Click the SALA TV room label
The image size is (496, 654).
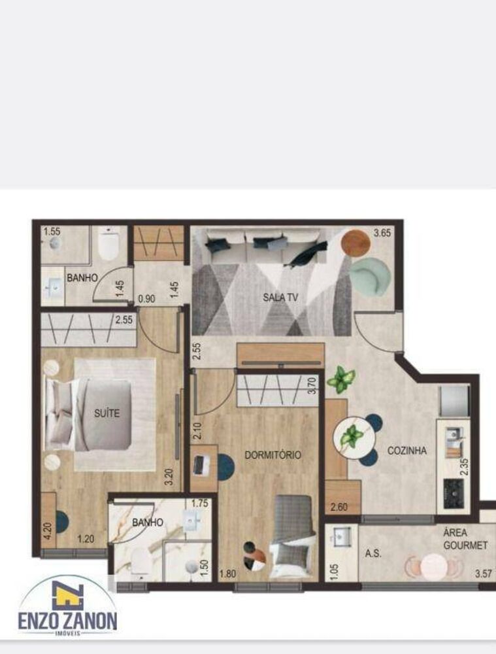click(x=280, y=298)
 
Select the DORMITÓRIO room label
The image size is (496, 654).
click(x=273, y=455)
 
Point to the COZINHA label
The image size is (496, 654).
click(x=406, y=451)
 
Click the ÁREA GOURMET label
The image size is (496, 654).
click(x=464, y=539)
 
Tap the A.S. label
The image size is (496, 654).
click(x=374, y=553)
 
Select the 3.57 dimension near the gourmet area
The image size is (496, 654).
click(x=465, y=574)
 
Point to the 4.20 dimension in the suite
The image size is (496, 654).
click(x=46, y=528)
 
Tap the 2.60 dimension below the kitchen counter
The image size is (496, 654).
click(x=339, y=506)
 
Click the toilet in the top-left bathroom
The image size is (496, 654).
click(x=108, y=245)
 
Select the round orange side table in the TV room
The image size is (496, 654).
click(x=355, y=243)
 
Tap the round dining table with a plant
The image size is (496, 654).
click(x=353, y=437)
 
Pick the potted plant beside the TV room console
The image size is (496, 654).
click(x=341, y=379)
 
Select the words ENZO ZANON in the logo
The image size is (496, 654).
click(x=68, y=619)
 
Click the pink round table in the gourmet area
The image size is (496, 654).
click(x=433, y=566)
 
